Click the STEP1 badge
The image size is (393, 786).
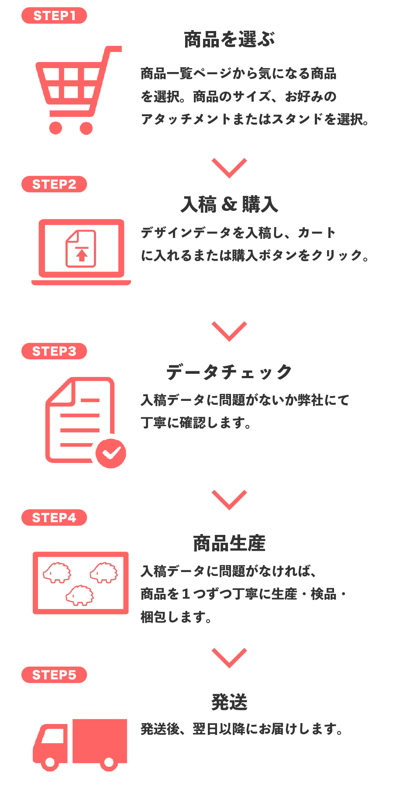click(54, 16)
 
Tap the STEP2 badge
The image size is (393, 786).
click(54, 184)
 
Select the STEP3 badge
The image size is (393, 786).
click(54, 351)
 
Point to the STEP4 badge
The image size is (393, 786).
click(54, 517)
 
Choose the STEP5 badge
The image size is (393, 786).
click(54, 675)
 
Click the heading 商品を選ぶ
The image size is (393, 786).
click(229, 40)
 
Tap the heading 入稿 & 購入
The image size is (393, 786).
click(229, 204)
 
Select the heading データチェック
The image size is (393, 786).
click(229, 372)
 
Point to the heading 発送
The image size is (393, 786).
click(229, 702)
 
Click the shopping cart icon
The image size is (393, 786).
click(76, 90)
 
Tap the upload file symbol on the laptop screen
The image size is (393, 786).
click(81, 249)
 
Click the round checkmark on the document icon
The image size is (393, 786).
click(111, 453)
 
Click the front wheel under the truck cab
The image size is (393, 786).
click(50, 762)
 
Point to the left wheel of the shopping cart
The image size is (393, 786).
click(55, 128)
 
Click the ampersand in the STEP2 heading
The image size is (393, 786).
click(229, 204)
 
